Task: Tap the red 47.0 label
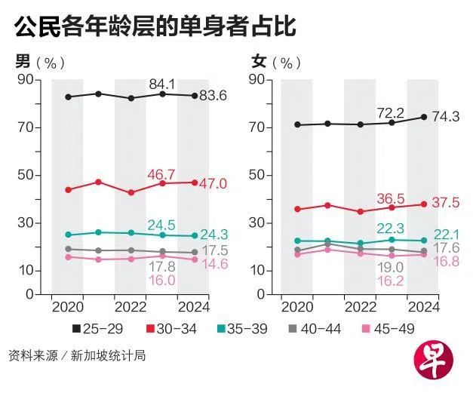coord(213,183)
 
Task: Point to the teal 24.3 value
coord(213,235)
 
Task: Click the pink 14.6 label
coord(213,264)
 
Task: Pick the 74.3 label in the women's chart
coord(446,117)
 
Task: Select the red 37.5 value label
coord(445,204)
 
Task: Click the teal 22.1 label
coord(445,235)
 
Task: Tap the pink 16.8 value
coord(445,261)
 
